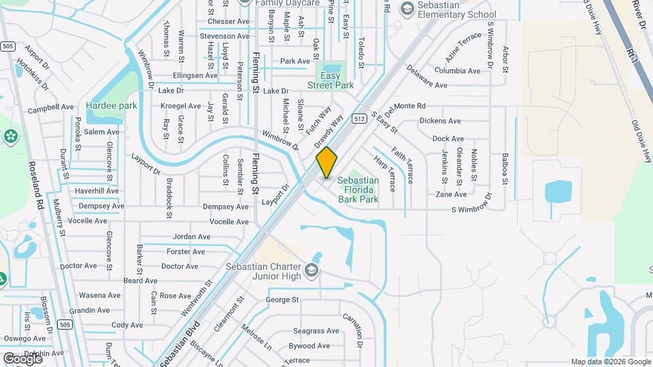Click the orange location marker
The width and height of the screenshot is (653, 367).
pyautogui.click(x=327, y=162)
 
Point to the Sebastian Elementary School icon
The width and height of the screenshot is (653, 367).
pyautogui.click(x=407, y=8)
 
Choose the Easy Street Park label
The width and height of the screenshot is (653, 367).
pyautogui.click(x=331, y=80)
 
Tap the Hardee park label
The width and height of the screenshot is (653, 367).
pyautogui.click(x=112, y=105)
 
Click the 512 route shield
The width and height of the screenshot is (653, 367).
pyautogui.click(x=359, y=118)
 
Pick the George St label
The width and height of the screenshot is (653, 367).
pyautogui.click(x=282, y=300)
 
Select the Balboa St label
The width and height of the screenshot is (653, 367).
pyautogui.click(x=505, y=169)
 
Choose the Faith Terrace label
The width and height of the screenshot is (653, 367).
pyautogui.click(x=402, y=165)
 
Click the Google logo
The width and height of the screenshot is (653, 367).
pyautogui.click(x=22, y=358)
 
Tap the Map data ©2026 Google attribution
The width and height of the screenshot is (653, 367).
pyautogui.click(x=610, y=362)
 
